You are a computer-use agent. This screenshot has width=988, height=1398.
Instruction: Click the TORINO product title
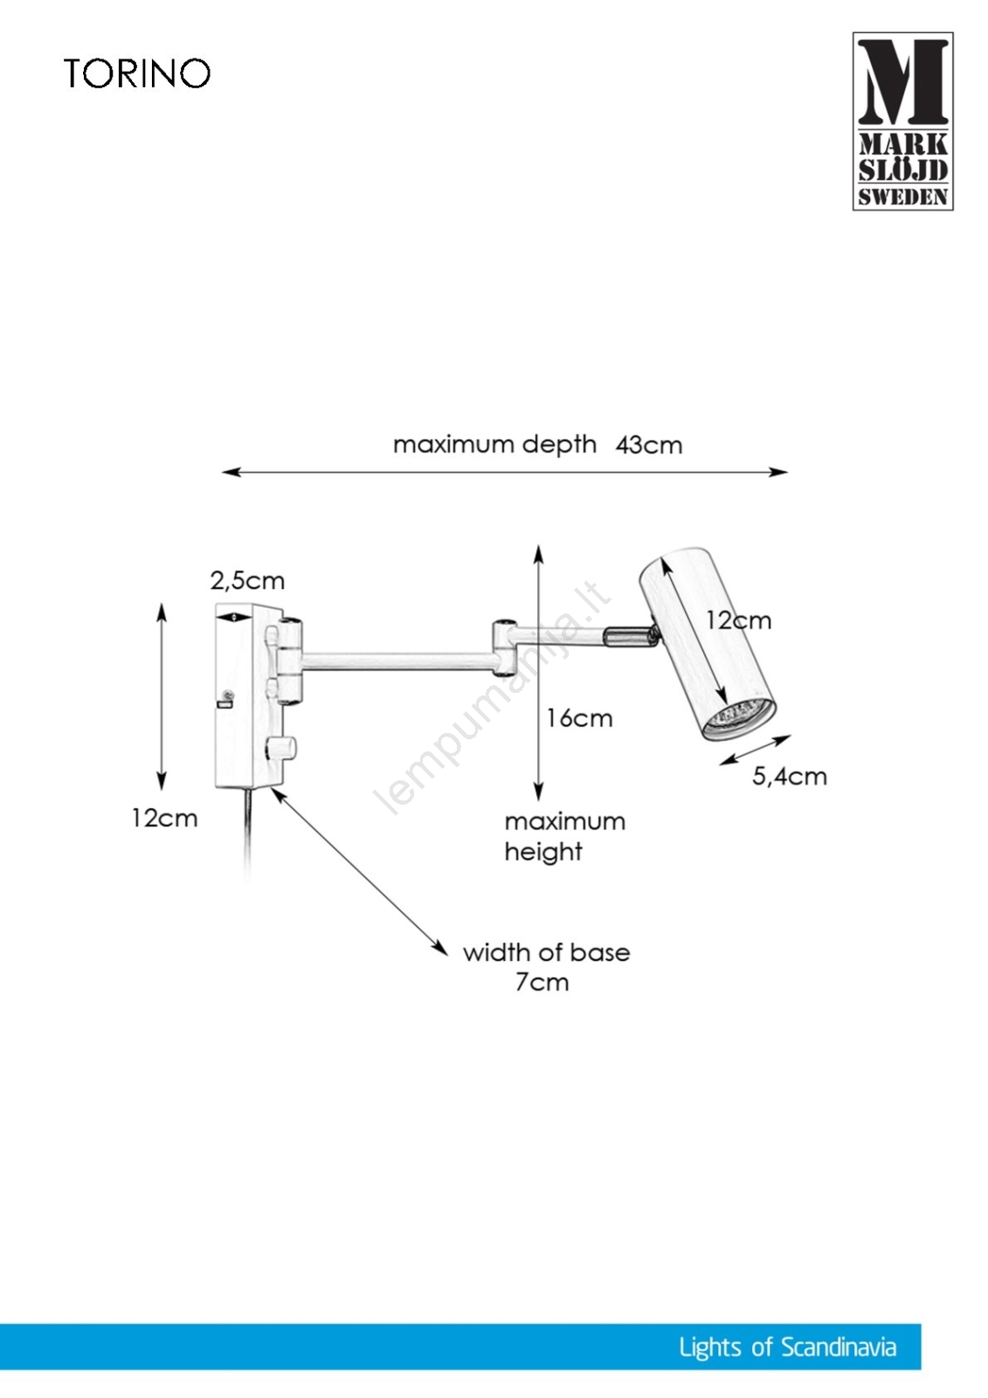click(137, 73)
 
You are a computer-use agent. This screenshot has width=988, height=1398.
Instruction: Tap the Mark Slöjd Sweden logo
click(902, 121)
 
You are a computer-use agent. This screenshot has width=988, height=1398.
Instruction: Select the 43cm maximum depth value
click(648, 446)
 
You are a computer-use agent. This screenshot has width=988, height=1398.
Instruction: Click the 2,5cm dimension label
click(247, 581)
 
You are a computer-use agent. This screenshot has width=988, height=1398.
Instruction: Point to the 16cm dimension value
click(579, 719)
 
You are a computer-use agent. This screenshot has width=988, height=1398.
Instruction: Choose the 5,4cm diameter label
click(789, 777)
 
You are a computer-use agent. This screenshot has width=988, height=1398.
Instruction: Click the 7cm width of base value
click(542, 983)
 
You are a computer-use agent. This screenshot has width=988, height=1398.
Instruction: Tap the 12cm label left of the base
click(164, 819)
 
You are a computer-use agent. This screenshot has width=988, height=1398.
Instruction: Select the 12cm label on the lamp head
click(738, 621)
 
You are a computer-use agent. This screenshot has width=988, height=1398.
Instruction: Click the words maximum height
click(563, 836)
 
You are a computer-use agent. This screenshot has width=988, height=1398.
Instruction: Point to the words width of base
click(546, 952)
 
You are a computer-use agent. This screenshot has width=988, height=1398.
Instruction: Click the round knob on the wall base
click(281, 748)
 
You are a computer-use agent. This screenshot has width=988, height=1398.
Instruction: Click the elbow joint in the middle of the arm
click(503, 647)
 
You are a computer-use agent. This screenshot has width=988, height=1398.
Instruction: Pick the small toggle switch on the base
click(225, 698)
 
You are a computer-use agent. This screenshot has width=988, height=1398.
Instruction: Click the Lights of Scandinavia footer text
click(787, 1347)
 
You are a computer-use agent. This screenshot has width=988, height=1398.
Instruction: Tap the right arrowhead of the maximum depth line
click(780, 472)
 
